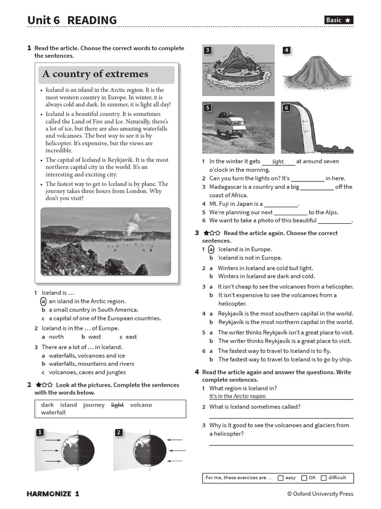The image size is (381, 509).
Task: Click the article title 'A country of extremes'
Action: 95,74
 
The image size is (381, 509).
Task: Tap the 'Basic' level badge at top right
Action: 339,20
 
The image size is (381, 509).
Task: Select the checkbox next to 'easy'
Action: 281,478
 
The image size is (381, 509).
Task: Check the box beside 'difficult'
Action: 323,478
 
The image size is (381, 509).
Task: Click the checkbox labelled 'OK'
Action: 304,478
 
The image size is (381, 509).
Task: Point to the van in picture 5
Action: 230,126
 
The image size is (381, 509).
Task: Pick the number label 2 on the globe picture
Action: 119,432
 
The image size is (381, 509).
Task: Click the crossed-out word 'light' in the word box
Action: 117,405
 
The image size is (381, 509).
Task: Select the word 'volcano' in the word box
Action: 141,405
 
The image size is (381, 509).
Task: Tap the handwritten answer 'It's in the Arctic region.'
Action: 238,396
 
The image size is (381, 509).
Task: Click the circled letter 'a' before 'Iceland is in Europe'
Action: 211,250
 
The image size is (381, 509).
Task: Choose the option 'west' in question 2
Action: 94,337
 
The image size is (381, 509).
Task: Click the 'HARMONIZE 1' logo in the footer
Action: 53,494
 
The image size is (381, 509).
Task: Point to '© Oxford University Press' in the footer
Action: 320,494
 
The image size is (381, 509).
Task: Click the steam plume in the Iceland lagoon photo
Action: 132,226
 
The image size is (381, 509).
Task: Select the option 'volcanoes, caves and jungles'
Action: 87,372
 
